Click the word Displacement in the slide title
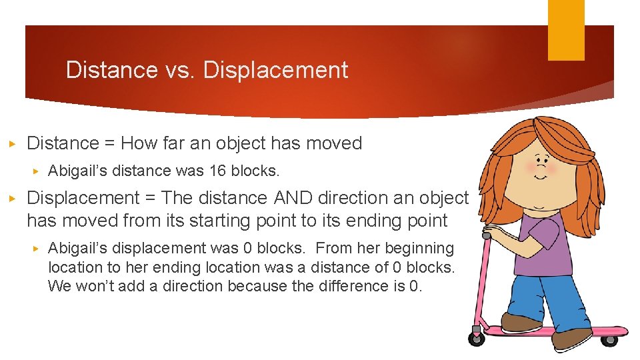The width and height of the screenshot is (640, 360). coord(275,70)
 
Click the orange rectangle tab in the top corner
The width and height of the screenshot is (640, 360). coord(566,30)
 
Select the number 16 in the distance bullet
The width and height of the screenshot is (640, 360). coord(217,171)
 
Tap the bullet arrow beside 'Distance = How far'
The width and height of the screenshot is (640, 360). coord(12,143)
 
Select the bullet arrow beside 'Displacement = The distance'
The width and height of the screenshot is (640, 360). coord(12,199)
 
